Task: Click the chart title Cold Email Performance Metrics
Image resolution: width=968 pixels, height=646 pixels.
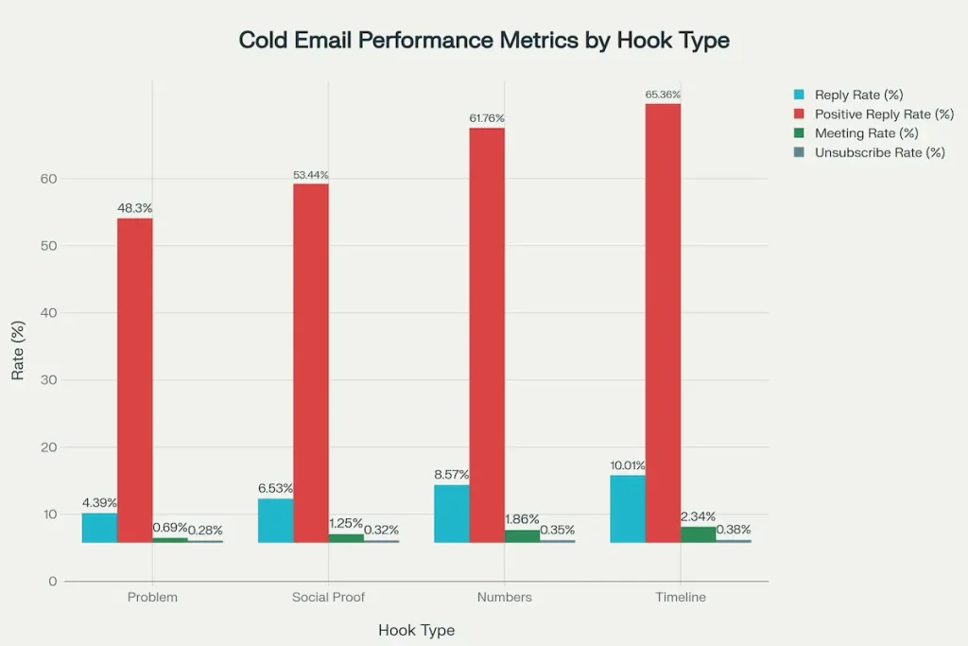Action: pyautogui.click(x=484, y=41)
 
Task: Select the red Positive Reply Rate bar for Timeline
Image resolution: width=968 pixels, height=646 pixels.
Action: pyautogui.click(x=663, y=322)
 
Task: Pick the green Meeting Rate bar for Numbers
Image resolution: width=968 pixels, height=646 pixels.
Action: pyautogui.click(x=522, y=535)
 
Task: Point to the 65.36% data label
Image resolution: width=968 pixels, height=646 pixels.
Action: pyautogui.click(x=663, y=95)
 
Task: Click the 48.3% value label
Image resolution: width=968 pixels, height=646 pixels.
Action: pyautogui.click(x=134, y=208)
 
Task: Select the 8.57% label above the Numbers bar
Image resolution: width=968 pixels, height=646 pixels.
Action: pyautogui.click(x=451, y=475)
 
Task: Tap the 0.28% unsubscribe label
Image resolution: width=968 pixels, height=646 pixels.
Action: pyautogui.click(x=205, y=530)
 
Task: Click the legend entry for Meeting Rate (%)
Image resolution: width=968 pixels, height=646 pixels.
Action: pyautogui.click(x=866, y=133)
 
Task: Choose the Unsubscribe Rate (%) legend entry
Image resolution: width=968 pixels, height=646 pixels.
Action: pyautogui.click(x=879, y=152)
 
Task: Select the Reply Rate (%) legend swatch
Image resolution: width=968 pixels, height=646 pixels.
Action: pyautogui.click(x=799, y=96)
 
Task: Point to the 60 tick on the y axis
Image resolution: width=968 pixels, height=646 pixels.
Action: pyautogui.click(x=49, y=179)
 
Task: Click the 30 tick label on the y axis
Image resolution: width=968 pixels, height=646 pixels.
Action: pyautogui.click(x=49, y=380)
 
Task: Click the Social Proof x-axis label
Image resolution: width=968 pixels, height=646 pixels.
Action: pyautogui.click(x=328, y=598)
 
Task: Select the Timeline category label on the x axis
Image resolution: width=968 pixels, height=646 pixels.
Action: pyautogui.click(x=681, y=598)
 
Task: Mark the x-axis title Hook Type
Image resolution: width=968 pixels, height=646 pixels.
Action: pyautogui.click(x=416, y=630)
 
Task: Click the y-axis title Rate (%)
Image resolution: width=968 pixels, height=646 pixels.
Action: pyautogui.click(x=18, y=351)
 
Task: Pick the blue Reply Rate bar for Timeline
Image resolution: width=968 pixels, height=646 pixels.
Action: pyautogui.click(x=628, y=509)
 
